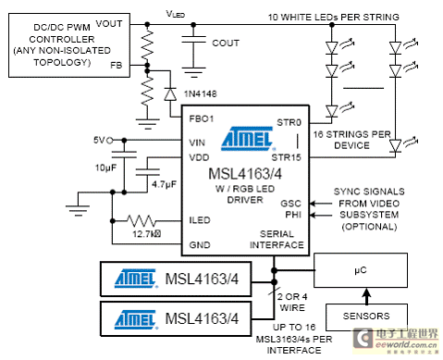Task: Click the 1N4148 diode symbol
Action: (x=170, y=94)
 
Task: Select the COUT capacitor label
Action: (x=226, y=43)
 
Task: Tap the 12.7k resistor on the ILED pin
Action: (x=142, y=221)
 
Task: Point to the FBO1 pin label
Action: (x=202, y=118)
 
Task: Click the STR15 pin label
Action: (x=286, y=157)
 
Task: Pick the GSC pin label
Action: (x=290, y=204)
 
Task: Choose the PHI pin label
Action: (x=293, y=215)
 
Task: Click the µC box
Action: (x=361, y=270)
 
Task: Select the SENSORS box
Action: (x=366, y=317)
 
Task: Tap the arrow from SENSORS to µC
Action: (x=366, y=296)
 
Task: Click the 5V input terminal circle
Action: (x=109, y=141)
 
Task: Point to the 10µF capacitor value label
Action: (x=105, y=168)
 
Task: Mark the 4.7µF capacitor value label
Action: (x=164, y=184)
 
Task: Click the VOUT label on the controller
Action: (x=109, y=24)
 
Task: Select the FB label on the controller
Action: (x=117, y=65)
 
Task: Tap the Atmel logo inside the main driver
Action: (x=248, y=139)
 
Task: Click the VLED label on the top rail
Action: (x=176, y=14)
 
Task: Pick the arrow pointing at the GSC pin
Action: (x=321, y=204)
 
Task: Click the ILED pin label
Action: (x=200, y=220)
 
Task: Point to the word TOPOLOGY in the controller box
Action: (x=62, y=63)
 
